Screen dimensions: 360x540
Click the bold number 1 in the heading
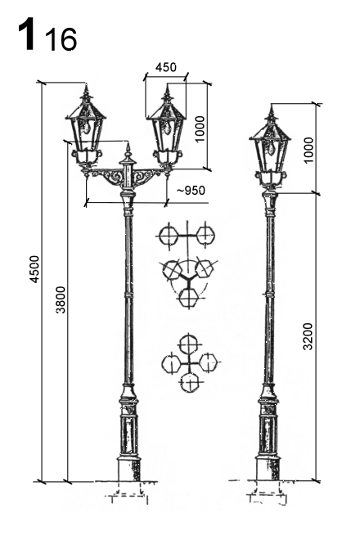[27, 34]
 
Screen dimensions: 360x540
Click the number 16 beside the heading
[61, 39]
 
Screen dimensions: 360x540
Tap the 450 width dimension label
[166, 67]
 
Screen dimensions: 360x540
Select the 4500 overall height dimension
[35, 269]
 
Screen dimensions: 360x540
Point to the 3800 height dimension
[61, 299]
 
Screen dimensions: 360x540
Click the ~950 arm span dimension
[191, 191]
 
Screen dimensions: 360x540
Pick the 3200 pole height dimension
[308, 336]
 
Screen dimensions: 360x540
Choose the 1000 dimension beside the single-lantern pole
[308, 151]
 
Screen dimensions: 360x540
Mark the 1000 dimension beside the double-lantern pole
[200, 128]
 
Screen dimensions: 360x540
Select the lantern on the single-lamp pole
[271, 148]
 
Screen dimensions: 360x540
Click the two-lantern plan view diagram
[187, 236]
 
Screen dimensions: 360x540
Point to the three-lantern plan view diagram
[188, 281]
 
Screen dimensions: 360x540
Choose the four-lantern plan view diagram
[190, 362]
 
